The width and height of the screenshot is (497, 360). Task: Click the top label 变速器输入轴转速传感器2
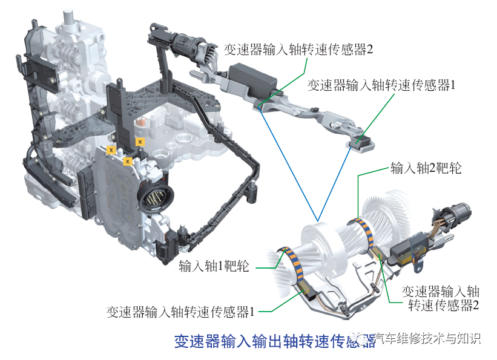point(298,49)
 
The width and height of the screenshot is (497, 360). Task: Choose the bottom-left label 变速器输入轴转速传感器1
point(180,312)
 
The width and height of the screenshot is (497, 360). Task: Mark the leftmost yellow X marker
point(111,148)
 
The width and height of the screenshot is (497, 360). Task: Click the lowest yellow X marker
point(128,162)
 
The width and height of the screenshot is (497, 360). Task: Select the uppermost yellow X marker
point(140,142)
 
